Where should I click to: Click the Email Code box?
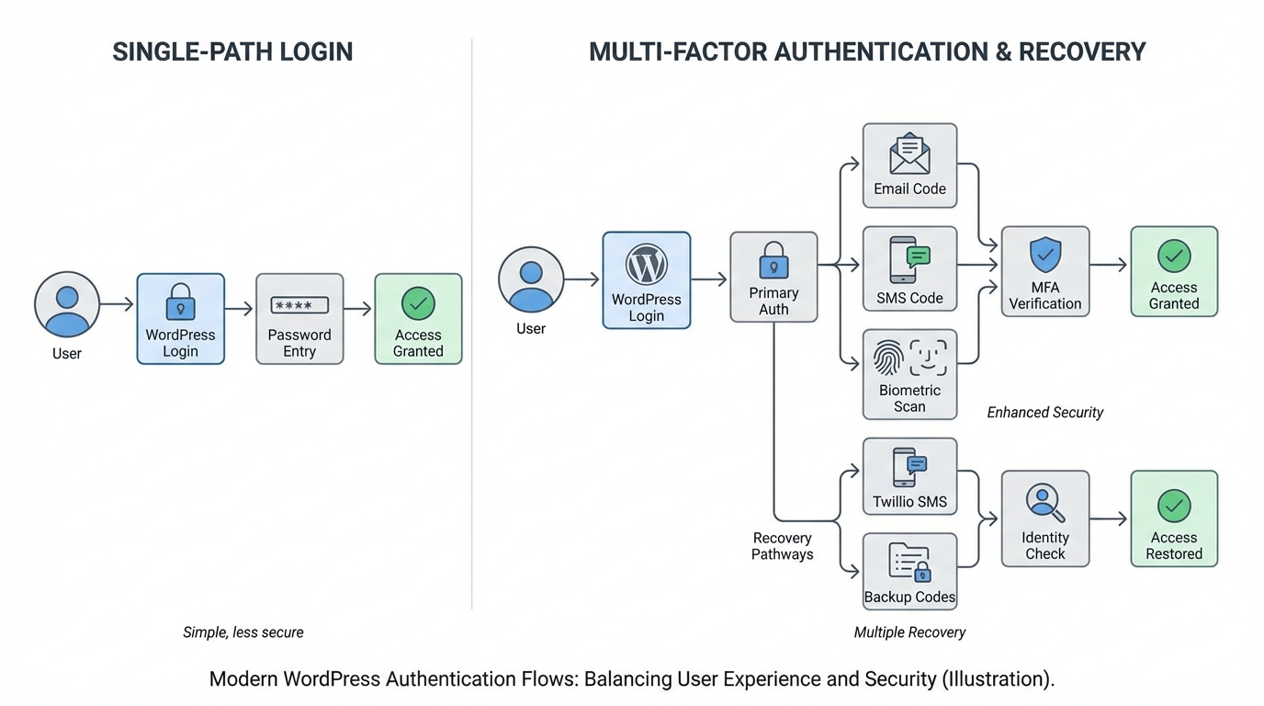point(909,165)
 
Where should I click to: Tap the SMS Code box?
point(909,268)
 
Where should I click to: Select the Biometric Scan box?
point(909,374)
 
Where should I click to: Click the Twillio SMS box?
point(909,476)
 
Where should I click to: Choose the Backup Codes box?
point(909,571)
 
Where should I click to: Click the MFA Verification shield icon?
point(1045,254)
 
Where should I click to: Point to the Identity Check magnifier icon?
point(1045,503)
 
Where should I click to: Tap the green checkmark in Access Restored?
point(1174,505)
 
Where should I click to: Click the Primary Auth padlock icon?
point(773,260)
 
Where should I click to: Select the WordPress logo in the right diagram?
point(646,265)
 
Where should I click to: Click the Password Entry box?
point(299,319)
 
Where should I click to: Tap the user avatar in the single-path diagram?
point(67,304)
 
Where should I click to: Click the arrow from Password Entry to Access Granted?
point(358,309)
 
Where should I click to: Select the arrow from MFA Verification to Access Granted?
point(1109,265)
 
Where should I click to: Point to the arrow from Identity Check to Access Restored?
point(1109,518)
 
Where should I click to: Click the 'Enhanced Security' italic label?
point(1044,413)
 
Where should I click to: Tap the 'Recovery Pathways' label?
point(782,546)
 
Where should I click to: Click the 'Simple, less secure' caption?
point(243,632)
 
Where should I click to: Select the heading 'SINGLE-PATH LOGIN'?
point(232,51)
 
